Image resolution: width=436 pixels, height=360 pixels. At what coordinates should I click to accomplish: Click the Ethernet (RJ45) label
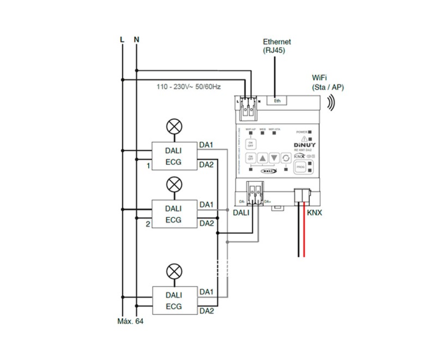pyautogui.click(x=277, y=45)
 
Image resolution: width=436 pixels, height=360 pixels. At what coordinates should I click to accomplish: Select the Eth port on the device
pyautogui.click(x=277, y=100)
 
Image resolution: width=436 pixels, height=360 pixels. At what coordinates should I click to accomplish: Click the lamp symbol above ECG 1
pyautogui.click(x=174, y=127)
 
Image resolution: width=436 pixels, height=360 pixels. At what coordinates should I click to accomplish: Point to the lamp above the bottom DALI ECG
pyautogui.click(x=174, y=271)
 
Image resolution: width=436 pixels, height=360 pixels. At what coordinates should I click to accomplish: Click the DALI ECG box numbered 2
pyautogui.click(x=173, y=213)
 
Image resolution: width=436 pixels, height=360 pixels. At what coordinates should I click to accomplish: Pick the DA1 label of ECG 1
pyautogui.click(x=207, y=145)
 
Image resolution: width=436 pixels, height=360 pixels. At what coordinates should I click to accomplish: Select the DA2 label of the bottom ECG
pyautogui.click(x=207, y=311)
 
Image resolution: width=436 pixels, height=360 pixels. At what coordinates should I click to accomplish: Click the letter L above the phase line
pyautogui.click(x=123, y=40)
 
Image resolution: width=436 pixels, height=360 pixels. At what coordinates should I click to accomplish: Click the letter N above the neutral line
pyautogui.click(x=136, y=40)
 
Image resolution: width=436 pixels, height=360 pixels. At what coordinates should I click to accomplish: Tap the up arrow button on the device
pyautogui.click(x=263, y=158)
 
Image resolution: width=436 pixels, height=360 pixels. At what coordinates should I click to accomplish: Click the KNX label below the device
pyautogui.click(x=314, y=213)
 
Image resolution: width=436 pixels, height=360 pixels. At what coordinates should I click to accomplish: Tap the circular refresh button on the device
pyautogui.click(x=284, y=158)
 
